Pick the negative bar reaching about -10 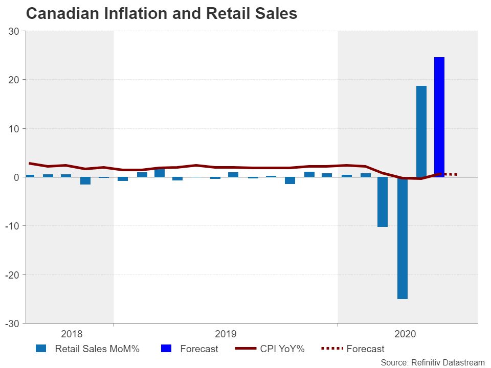click(383, 201)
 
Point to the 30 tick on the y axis click(14, 31)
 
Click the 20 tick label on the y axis click(14, 80)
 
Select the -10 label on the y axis click(12, 226)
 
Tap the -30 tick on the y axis click(12, 324)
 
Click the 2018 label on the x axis click(72, 334)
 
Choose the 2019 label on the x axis click(226, 334)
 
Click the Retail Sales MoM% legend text click(97, 349)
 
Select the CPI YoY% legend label click(282, 349)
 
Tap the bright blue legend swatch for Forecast click(166, 349)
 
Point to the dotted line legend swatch click(331, 349)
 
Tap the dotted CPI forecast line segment click(450, 174)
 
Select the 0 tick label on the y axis click(16, 177)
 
